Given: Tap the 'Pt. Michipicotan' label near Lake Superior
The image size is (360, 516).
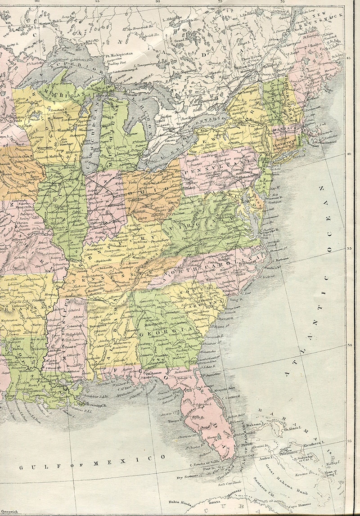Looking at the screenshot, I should tap(121, 55).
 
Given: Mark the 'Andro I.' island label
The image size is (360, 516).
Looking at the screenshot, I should tap(265, 454).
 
